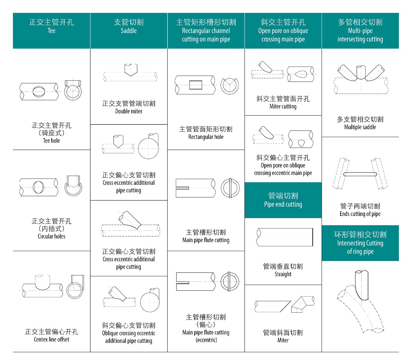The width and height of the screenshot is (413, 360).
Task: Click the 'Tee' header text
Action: [52, 31]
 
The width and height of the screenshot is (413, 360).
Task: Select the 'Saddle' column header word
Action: [129, 31]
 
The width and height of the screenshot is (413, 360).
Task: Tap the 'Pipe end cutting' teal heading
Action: [283, 204]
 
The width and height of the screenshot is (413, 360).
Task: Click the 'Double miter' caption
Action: [129, 111]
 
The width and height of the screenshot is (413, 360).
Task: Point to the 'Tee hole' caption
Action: [52, 140]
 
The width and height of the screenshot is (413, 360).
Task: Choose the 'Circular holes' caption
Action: [52, 236]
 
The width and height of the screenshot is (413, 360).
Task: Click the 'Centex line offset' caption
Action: [52, 339]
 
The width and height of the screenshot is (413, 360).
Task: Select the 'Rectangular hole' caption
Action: [206, 137]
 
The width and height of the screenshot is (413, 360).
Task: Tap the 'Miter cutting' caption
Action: [283, 106]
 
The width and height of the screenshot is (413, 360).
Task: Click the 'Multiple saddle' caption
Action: [360, 127]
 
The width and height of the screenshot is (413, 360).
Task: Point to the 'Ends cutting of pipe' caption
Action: [360, 214]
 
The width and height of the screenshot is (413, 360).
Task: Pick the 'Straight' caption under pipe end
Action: [283, 274]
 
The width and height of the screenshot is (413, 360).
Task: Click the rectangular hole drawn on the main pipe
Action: [196, 85]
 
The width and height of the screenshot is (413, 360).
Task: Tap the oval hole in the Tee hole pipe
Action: [39, 91]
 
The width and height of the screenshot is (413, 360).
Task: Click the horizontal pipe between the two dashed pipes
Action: [360, 174]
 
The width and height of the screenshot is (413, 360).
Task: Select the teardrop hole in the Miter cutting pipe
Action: [301, 74]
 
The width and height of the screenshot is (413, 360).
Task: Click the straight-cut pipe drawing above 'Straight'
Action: [285, 237]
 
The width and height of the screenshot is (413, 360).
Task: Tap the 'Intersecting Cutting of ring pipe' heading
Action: [360, 243]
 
